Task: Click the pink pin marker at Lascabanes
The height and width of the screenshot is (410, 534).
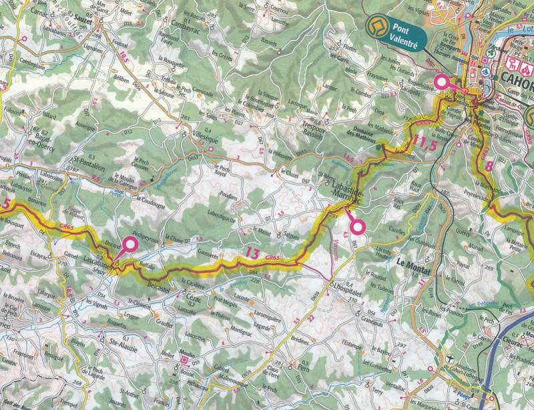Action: (125, 246)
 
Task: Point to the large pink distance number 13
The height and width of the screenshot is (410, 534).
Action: (252, 252)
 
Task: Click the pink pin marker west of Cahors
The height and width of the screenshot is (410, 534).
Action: (441, 83)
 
